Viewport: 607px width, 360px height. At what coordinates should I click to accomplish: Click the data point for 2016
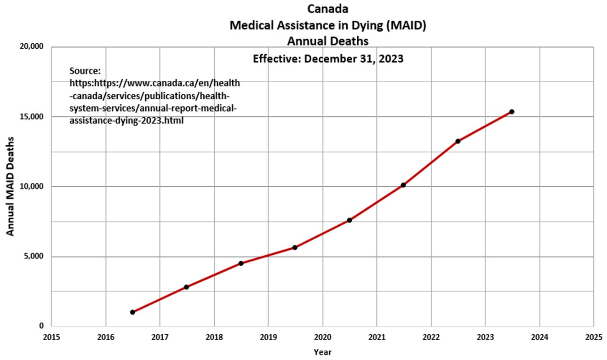132,312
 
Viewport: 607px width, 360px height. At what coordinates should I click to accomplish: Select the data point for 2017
186,287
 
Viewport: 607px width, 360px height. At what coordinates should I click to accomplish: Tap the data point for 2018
241,263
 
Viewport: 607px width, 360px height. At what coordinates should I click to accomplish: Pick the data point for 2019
295,247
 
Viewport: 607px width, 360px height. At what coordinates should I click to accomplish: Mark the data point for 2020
349,220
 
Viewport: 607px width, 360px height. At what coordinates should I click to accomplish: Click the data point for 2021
403,185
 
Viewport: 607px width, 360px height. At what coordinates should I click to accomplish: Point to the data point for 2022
458,141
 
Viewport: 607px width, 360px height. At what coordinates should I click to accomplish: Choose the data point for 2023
511,112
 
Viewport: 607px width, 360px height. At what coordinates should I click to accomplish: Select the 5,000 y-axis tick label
33,257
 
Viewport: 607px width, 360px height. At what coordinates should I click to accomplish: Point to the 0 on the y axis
41,326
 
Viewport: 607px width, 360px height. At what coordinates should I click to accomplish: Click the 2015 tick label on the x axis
52,337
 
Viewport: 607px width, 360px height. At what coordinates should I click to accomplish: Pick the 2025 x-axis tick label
593,337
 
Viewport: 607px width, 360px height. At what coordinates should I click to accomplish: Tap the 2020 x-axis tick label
322,337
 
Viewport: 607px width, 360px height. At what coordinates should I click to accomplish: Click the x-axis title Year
322,352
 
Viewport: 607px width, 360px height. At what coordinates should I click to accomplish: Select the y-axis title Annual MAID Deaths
10,186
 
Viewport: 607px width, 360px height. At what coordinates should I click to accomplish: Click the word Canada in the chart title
328,9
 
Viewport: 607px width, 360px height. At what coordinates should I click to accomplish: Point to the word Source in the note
85,71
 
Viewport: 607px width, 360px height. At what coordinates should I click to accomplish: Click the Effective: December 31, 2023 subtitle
328,59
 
